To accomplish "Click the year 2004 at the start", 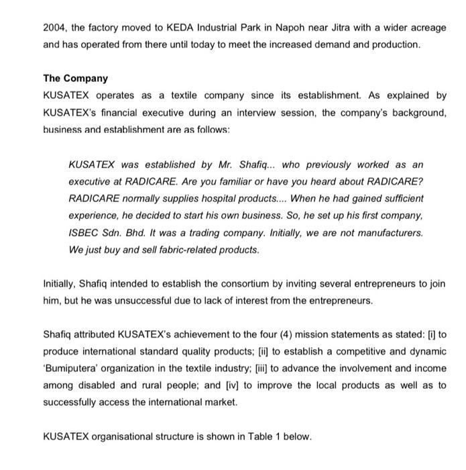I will [56, 27].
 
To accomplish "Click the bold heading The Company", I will [75, 79].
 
